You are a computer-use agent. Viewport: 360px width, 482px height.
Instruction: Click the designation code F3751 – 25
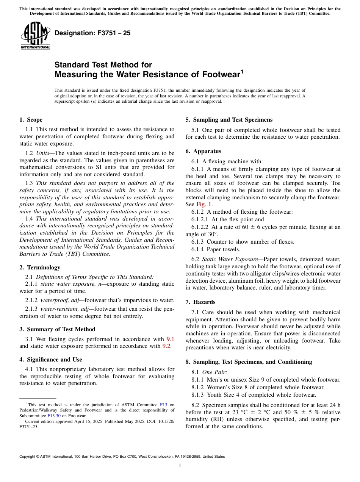point(92,33)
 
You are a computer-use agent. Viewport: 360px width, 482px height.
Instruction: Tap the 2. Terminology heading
point(40,268)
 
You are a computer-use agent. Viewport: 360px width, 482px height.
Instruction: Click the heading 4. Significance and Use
point(51,360)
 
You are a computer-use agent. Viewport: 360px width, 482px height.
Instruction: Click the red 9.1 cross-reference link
point(171,339)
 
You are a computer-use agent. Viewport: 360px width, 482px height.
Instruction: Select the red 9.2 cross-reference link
point(166,346)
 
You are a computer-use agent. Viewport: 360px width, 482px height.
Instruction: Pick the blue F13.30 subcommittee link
point(53,415)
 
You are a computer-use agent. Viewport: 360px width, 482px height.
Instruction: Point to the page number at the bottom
point(180,465)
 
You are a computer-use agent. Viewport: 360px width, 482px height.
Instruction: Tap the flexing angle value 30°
point(202,234)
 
